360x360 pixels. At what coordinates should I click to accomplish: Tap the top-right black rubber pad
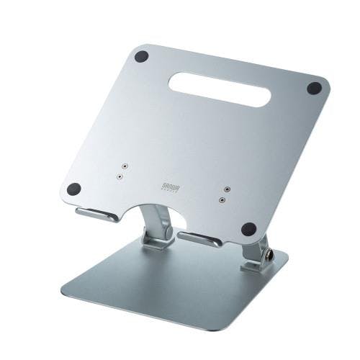pyautogui.click(x=314, y=89)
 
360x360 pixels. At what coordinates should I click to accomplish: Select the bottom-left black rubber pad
pyautogui.click(x=73, y=189)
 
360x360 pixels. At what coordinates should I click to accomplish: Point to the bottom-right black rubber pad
pyautogui.click(x=248, y=230)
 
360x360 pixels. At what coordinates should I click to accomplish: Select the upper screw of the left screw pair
pyautogui.click(x=125, y=164)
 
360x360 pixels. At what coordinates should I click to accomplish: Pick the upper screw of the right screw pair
pyautogui.click(x=227, y=189)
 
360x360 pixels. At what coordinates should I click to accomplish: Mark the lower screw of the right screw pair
pyautogui.click(x=222, y=199)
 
